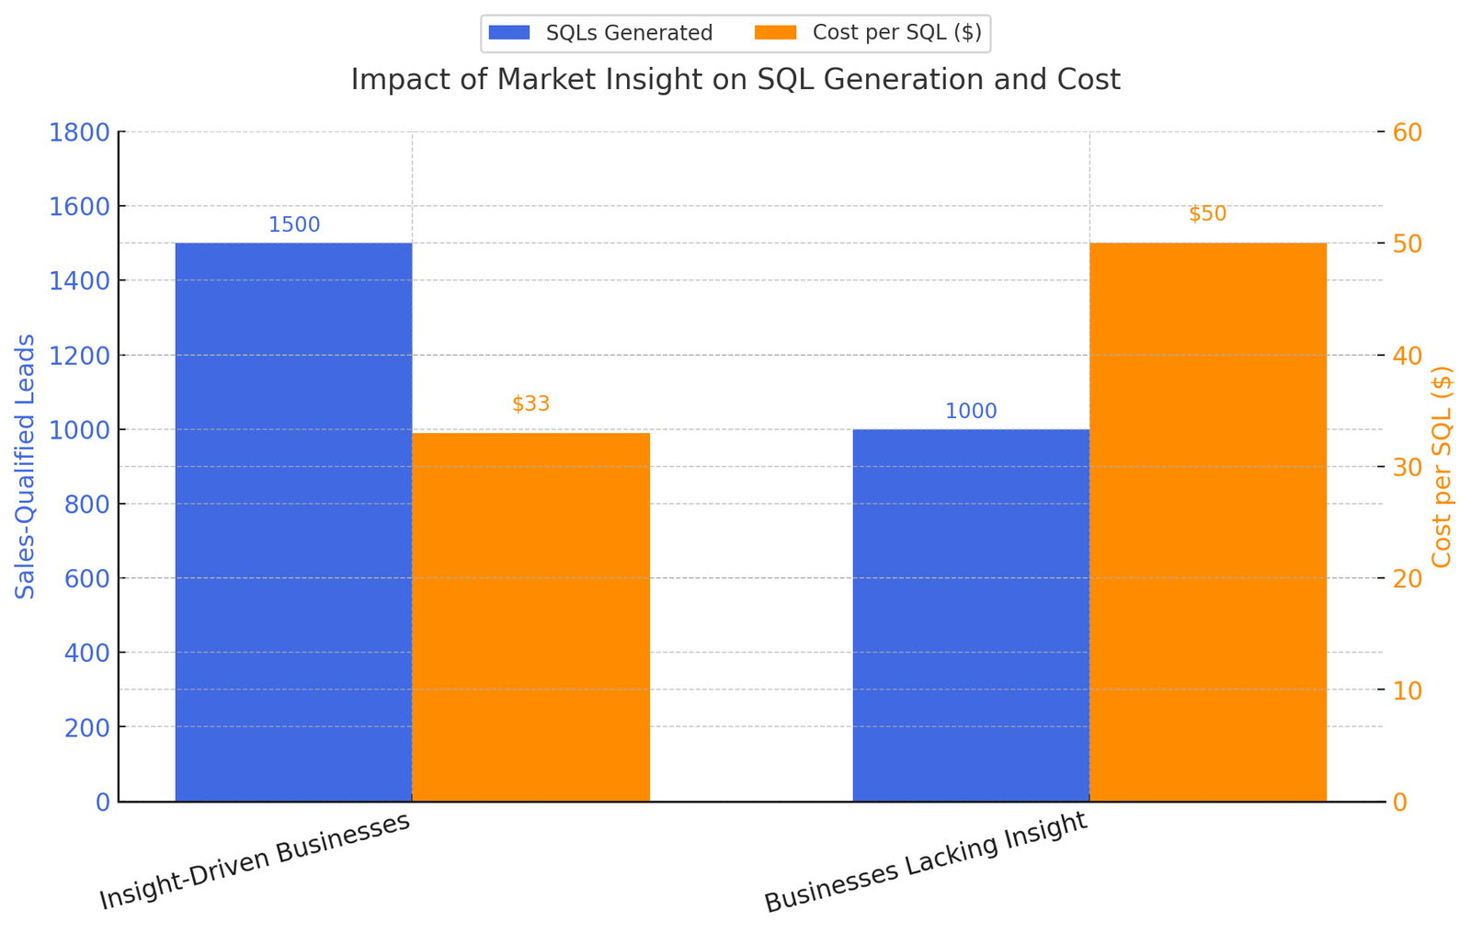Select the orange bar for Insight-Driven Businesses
click(530, 617)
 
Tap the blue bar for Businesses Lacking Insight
click(971, 615)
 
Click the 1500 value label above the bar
click(294, 225)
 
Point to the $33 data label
click(530, 404)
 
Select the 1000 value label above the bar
click(971, 412)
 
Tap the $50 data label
click(1207, 214)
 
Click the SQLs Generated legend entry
click(601, 33)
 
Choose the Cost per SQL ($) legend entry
click(868, 33)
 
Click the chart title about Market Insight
click(735, 80)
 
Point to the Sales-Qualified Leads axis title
click(26, 467)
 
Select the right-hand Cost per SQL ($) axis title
click(1442, 467)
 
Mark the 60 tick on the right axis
click(1408, 132)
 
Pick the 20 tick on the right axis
click(1408, 578)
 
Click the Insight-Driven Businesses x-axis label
click(255, 861)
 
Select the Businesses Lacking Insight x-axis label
click(926, 862)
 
